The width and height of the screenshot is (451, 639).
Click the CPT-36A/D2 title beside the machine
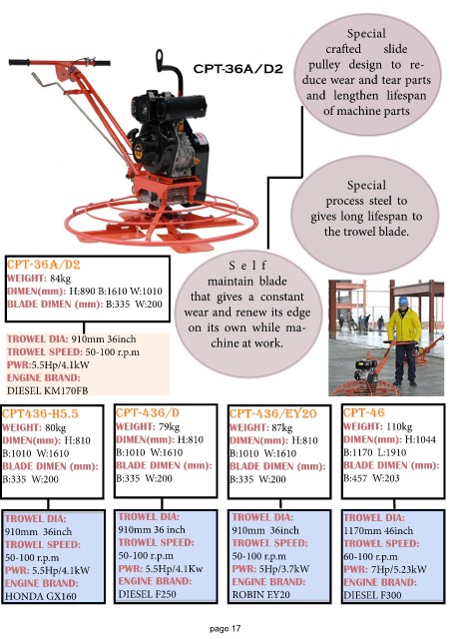click(x=237, y=69)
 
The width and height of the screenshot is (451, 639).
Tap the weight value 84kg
click(x=60, y=279)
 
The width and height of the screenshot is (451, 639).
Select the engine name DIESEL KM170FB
click(x=47, y=390)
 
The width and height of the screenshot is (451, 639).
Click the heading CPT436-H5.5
click(x=40, y=413)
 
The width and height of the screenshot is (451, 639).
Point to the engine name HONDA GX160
click(x=40, y=596)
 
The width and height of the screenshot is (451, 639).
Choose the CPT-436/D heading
click(x=148, y=412)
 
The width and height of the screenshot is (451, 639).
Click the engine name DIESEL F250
click(x=147, y=594)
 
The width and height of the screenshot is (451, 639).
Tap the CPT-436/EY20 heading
click(x=273, y=413)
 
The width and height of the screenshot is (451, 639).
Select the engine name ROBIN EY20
click(x=260, y=595)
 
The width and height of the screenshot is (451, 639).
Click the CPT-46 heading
click(x=364, y=412)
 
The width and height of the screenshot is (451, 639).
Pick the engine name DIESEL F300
click(x=372, y=595)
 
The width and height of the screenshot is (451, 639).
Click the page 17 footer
click(x=225, y=628)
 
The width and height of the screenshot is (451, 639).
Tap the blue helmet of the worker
click(x=403, y=301)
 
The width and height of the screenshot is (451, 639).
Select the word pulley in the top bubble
click(x=324, y=64)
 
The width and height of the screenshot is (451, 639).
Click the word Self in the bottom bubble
click(x=247, y=266)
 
